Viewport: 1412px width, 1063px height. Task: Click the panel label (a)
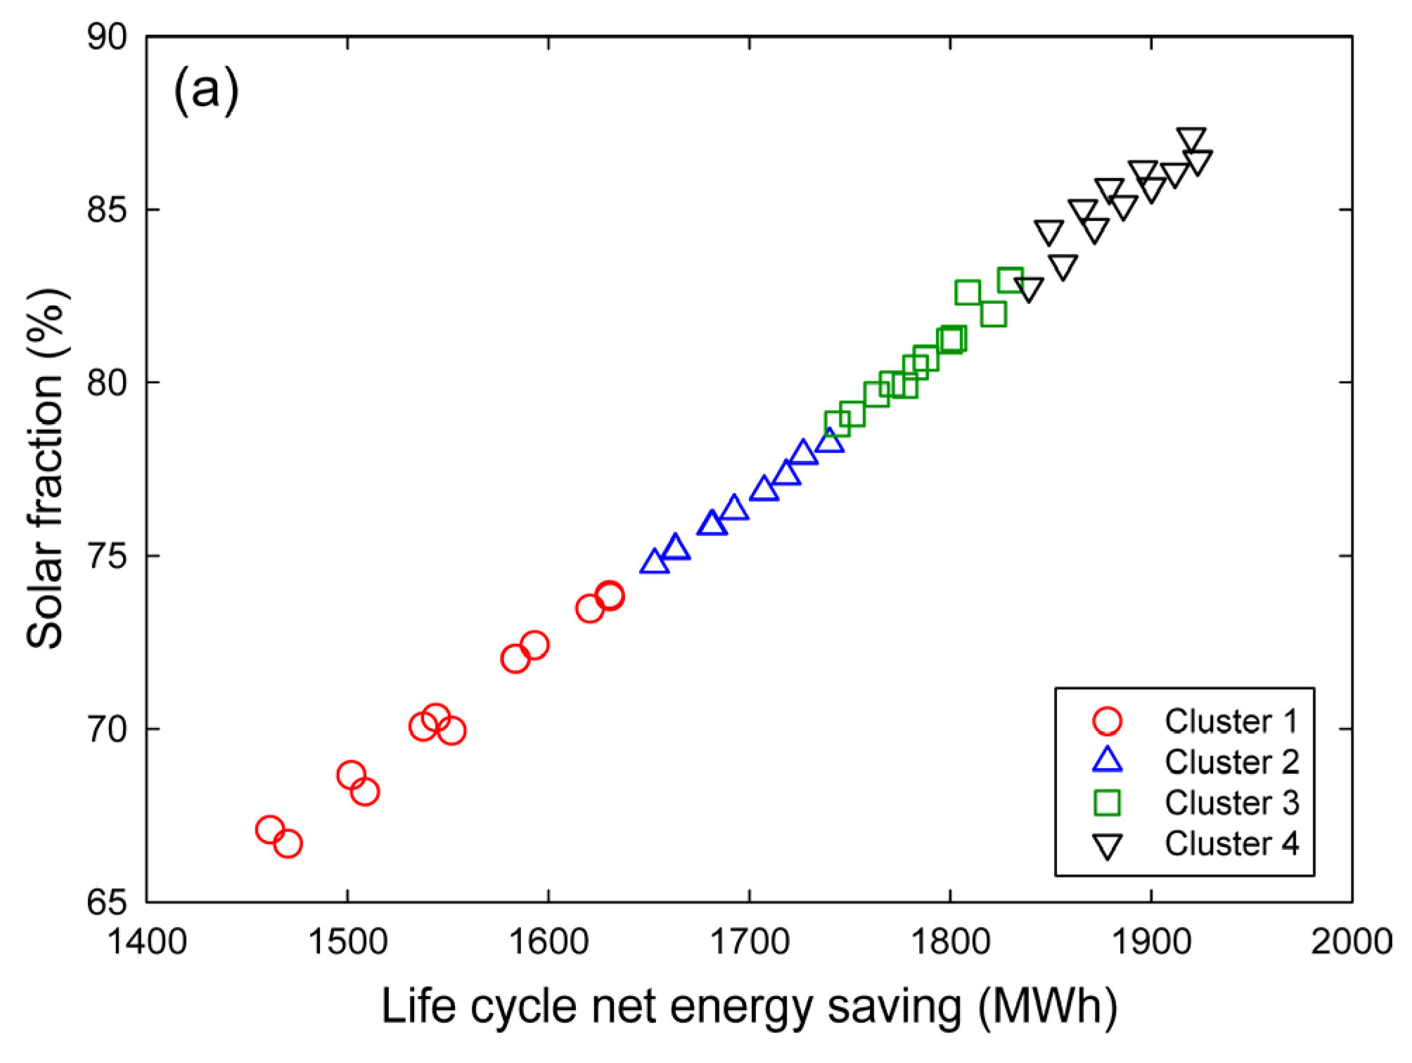[205, 90]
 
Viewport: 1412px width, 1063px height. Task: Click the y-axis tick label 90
[107, 37]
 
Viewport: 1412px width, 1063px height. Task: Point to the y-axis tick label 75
[107, 556]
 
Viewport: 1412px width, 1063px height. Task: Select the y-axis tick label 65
[107, 903]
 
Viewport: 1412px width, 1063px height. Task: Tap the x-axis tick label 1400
[146, 941]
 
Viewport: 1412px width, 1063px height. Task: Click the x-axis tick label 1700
[750, 941]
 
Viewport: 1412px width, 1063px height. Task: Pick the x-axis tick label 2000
[1352, 941]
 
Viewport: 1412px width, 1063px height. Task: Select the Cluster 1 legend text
[1231, 721]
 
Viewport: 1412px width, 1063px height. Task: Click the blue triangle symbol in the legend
[1107, 760]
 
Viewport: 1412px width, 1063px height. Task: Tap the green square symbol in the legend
[1107, 803]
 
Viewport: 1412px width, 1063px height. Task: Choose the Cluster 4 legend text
[1231, 844]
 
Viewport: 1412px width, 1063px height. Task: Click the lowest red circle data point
[288, 844]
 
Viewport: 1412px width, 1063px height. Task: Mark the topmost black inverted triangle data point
[1191, 139]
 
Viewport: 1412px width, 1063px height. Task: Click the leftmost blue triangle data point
[654, 562]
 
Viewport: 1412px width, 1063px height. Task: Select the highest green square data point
[1010, 280]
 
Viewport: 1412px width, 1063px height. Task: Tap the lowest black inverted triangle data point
[1028, 288]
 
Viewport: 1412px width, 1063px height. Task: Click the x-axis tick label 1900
[1151, 941]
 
